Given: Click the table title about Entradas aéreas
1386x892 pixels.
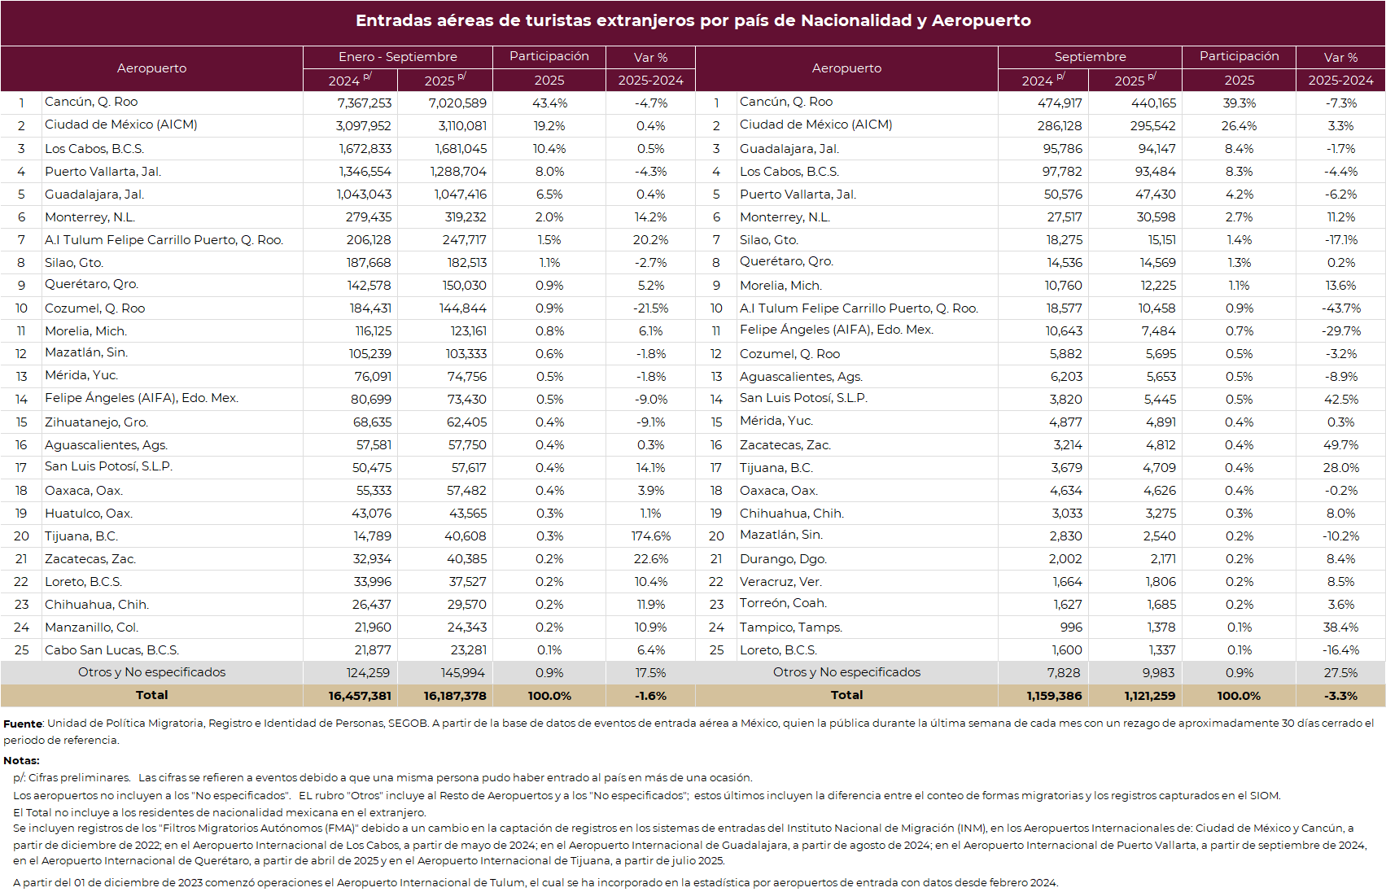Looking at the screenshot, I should click(x=693, y=21).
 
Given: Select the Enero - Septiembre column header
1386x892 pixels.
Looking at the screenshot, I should click(x=397, y=57).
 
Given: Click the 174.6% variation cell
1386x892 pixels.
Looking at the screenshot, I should click(x=650, y=536).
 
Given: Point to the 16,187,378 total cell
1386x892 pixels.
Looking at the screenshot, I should click(x=454, y=696).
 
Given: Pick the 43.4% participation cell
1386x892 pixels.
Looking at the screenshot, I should click(x=549, y=103).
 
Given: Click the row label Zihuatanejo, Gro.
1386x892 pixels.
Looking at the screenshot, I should click(x=96, y=422).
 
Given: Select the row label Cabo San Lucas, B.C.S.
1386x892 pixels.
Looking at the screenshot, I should click(x=111, y=650).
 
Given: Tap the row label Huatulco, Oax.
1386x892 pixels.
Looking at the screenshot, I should click(x=89, y=514).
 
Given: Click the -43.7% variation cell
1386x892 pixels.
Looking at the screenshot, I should click(x=1340, y=308).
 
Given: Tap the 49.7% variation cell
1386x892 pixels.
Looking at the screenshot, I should click(x=1340, y=445).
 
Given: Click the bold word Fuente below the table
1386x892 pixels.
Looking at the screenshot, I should click(x=23, y=724).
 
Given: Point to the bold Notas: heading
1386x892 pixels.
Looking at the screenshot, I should click(x=21, y=760).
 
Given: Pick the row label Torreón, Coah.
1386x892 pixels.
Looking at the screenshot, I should click(x=783, y=603).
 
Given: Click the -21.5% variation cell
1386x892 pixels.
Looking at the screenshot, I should click(x=650, y=308).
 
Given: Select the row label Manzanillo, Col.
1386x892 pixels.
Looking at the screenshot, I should click(x=91, y=627).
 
